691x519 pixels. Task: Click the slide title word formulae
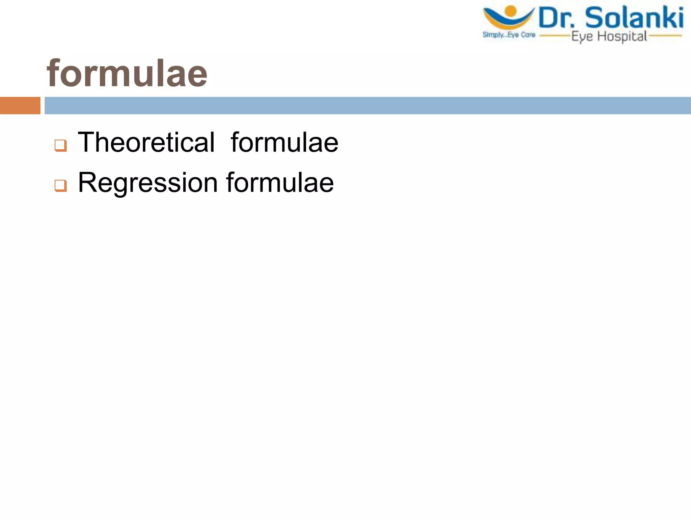point(127,73)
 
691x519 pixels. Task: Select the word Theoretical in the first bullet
point(146,142)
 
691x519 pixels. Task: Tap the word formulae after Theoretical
point(284,142)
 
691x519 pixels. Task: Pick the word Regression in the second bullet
point(148,183)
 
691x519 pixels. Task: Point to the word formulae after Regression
point(280,183)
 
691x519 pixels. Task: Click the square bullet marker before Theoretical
point(61,146)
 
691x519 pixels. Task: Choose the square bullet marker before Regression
point(61,186)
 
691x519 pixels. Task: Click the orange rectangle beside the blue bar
point(20,105)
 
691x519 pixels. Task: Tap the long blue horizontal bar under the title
point(367,105)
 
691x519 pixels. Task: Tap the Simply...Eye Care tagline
point(509,34)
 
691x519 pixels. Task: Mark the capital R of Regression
point(87,182)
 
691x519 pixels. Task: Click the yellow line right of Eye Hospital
point(665,35)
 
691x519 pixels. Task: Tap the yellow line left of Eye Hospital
point(555,35)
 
